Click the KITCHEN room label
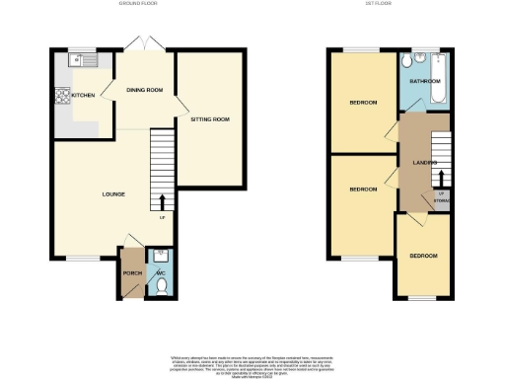tap(83, 96)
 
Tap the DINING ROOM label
tap(144, 90)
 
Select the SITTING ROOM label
tap(209, 119)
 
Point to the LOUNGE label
tap(113, 193)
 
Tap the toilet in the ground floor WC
tap(161, 287)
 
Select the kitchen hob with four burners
tap(63, 97)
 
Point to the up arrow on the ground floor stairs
tap(162, 202)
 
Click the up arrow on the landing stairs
tap(441, 178)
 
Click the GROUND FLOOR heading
tap(145, 4)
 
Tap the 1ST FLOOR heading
tap(391, 4)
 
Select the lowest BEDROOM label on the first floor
tap(423, 256)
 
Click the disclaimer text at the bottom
tap(252, 363)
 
